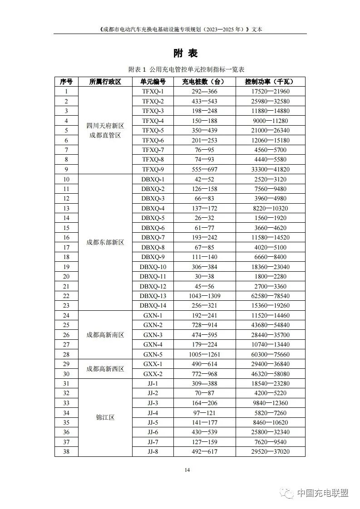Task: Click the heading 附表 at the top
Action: (x=186, y=53)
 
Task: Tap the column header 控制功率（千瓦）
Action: (x=269, y=82)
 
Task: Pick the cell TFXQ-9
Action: (x=153, y=169)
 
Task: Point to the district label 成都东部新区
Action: (x=105, y=242)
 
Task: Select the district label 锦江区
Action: (x=105, y=417)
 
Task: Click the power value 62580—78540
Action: (x=271, y=296)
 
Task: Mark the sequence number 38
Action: (x=66, y=451)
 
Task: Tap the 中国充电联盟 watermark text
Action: (x=322, y=493)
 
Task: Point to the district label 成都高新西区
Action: (x=105, y=369)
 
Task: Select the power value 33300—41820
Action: (x=271, y=169)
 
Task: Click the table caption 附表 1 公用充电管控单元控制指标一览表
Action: (x=187, y=69)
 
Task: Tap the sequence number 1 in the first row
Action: (x=66, y=92)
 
